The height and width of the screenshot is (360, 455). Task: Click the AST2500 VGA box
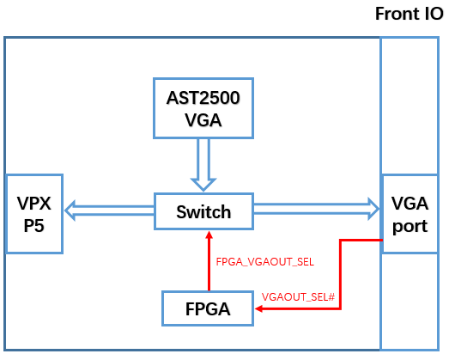(203, 107)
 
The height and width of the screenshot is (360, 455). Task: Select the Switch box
(203, 211)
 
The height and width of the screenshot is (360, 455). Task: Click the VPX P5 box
(36, 213)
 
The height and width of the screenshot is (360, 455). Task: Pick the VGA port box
(409, 213)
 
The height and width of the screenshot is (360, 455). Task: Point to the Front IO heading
(408, 15)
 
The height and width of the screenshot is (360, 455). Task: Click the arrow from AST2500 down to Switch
(203, 163)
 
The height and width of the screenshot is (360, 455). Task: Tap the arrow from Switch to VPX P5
(109, 210)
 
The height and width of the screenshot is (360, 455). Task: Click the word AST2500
(203, 97)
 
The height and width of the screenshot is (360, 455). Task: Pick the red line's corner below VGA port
(341, 241)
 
